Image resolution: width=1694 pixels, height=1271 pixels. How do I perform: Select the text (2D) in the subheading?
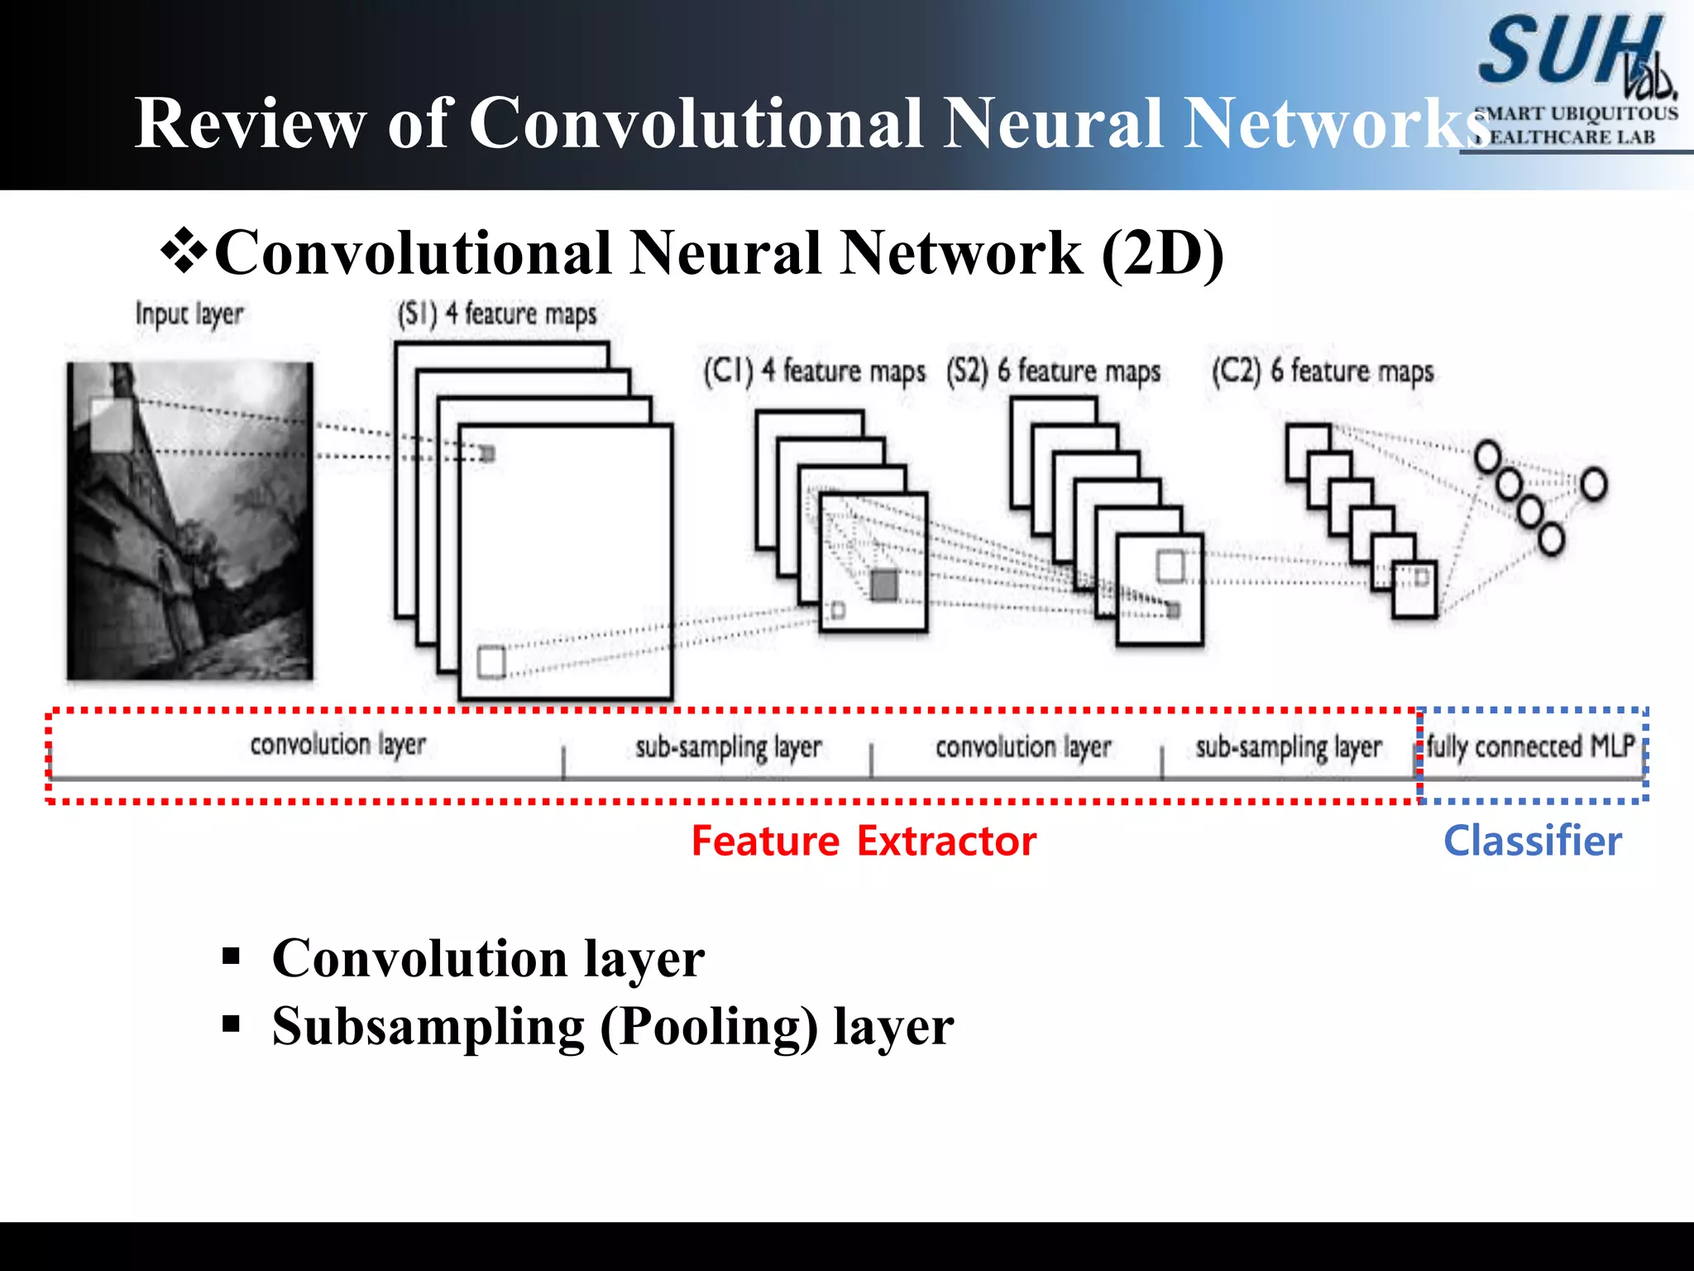click(x=1162, y=253)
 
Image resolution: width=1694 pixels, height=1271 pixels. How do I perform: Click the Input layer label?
click(x=189, y=314)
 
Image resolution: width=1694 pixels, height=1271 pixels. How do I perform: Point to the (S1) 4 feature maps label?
click(x=496, y=314)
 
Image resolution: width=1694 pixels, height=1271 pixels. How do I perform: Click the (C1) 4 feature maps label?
click(x=814, y=371)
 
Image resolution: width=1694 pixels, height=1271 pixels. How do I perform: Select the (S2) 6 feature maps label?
click(x=1053, y=371)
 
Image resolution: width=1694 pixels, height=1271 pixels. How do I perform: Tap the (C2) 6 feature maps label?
click(x=1322, y=371)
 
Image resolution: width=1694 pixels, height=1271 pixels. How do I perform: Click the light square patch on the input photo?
click(x=110, y=424)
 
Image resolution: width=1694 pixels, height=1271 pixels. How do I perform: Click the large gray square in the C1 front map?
click(x=883, y=585)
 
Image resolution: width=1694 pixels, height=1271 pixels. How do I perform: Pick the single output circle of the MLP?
click(x=1593, y=484)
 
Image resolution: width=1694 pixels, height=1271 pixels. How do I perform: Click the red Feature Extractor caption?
click(x=864, y=842)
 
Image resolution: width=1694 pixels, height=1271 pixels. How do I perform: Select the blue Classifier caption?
click(x=1532, y=842)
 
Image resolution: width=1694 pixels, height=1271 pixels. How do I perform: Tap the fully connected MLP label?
click(x=1530, y=746)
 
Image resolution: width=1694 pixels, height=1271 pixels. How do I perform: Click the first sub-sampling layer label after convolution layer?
click(x=728, y=747)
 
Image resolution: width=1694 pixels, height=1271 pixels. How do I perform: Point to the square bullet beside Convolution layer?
click(x=231, y=957)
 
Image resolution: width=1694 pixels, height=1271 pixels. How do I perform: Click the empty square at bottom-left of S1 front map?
click(x=491, y=662)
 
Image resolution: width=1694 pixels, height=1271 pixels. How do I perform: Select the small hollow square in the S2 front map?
click(x=1170, y=567)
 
